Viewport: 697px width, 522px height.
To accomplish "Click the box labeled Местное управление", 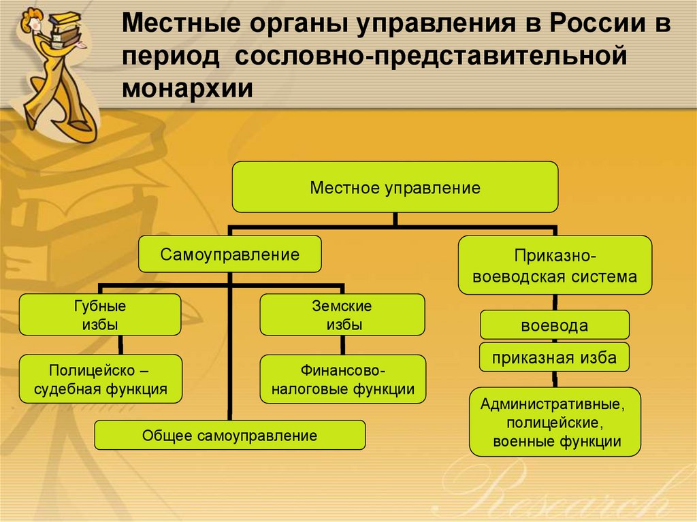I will click(x=395, y=187).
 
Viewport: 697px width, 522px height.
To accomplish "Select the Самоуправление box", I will click(x=230, y=255).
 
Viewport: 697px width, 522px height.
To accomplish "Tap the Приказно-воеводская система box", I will click(x=555, y=265).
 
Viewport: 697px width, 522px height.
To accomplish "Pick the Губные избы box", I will click(x=100, y=314).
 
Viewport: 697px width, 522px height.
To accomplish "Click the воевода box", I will click(x=554, y=325).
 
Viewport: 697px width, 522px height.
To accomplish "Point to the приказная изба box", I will click(x=554, y=358).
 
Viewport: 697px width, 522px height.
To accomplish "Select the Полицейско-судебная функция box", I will click(x=100, y=380).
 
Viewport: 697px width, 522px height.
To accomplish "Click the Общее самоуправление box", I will click(x=229, y=436).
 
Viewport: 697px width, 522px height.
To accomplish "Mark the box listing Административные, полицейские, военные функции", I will click(x=555, y=422).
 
